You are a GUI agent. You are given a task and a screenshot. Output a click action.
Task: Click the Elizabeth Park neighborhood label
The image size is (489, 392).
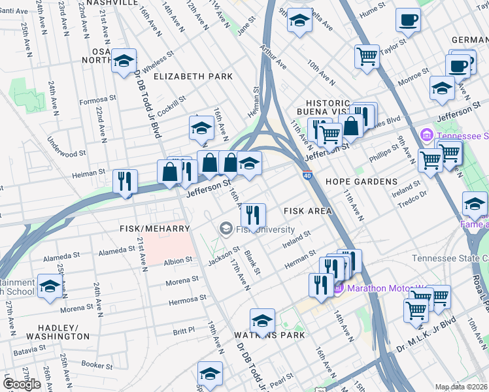193,76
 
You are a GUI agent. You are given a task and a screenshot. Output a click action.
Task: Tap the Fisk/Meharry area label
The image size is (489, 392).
154,229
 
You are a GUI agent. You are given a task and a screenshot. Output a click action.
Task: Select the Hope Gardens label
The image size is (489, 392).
362,181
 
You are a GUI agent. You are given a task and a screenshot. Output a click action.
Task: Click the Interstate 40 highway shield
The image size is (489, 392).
307,175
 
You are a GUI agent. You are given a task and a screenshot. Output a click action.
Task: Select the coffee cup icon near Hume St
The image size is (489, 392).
409,20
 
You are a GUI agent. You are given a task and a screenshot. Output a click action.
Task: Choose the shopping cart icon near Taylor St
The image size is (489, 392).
367,56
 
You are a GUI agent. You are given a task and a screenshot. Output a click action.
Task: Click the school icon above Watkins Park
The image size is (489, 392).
262,320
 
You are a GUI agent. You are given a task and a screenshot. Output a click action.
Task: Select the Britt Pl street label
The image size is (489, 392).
184,331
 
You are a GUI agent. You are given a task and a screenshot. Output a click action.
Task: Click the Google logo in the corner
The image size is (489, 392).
22,384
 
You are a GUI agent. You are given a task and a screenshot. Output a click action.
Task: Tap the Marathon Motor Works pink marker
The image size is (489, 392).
339,288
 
